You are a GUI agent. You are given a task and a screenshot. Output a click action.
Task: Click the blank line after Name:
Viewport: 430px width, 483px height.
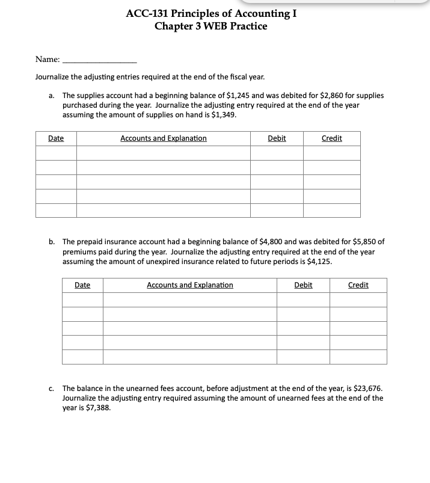[100, 60]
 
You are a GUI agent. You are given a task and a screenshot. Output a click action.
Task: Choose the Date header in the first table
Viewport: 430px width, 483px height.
[56, 138]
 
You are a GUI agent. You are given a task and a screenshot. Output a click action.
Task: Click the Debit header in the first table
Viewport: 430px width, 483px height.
[277, 138]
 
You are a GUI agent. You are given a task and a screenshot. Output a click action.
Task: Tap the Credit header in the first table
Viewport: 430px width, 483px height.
[332, 138]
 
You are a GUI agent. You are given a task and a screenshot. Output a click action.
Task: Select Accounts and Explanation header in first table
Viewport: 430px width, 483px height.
[164, 138]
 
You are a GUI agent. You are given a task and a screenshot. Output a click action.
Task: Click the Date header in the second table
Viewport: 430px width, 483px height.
[82, 285]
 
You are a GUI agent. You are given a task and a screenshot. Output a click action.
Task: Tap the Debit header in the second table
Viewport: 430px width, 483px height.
[303, 285]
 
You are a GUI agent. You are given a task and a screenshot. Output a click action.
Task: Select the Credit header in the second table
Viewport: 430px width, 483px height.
[358, 285]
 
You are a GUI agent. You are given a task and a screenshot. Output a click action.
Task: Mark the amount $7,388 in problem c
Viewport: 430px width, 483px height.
[98, 407]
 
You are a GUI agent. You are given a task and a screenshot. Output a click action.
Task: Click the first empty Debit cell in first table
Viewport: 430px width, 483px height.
[277, 153]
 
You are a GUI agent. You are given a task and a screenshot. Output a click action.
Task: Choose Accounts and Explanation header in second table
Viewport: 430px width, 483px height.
[190, 285]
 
